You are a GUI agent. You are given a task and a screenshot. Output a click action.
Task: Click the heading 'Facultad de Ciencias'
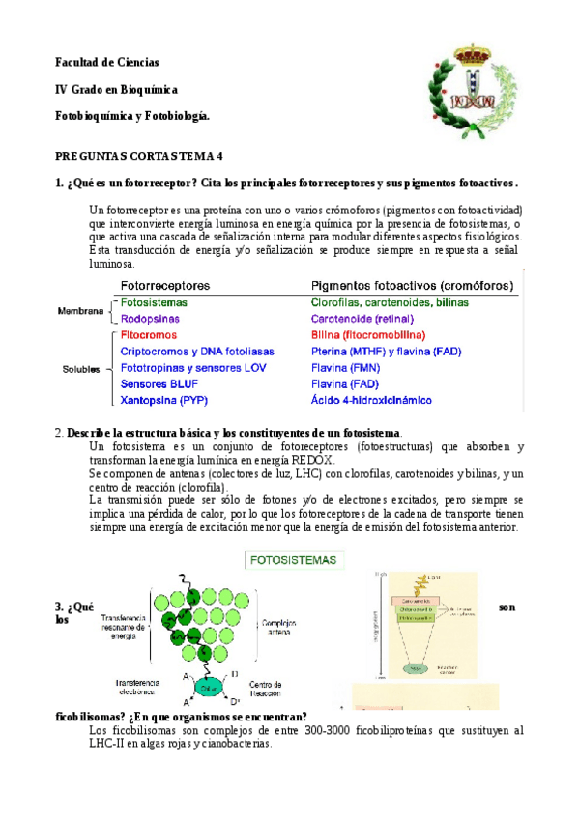tap(107, 62)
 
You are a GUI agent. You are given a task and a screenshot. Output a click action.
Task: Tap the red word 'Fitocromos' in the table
tap(149, 334)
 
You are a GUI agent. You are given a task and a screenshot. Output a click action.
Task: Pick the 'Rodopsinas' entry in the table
tap(150, 318)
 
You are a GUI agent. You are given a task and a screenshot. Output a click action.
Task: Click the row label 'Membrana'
tap(80, 311)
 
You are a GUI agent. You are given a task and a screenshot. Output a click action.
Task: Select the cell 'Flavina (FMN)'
tap(346, 367)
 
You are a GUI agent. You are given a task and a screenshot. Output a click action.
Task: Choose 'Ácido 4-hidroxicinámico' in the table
tap(371, 400)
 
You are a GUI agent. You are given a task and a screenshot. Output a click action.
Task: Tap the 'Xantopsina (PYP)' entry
tap(164, 400)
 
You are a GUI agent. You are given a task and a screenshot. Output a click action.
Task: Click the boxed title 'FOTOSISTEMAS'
tap(294, 559)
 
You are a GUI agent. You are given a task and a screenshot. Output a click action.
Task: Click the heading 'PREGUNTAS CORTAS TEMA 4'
tap(139, 155)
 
